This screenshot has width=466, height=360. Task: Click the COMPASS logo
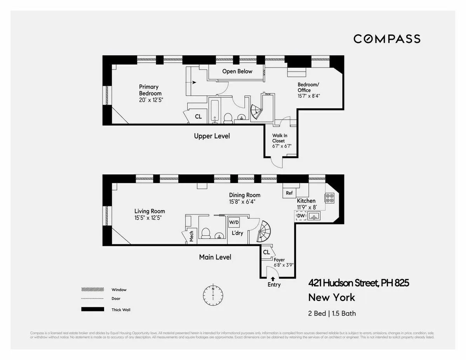(x=387, y=39)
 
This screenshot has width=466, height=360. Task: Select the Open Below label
(x=237, y=71)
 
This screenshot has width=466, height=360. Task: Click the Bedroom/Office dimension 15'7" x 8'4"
(x=309, y=96)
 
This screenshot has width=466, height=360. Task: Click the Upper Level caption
(x=212, y=136)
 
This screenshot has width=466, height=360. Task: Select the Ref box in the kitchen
(x=289, y=193)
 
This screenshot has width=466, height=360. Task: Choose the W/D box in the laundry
(x=234, y=223)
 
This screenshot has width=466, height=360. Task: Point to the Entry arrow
(x=273, y=278)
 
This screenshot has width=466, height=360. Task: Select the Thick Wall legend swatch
(x=92, y=310)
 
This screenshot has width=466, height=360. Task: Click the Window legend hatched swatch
(x=92, y=290)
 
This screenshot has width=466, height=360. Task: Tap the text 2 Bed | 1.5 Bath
(x=332, y=313)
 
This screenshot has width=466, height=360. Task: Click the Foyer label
(x=279, y=260)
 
